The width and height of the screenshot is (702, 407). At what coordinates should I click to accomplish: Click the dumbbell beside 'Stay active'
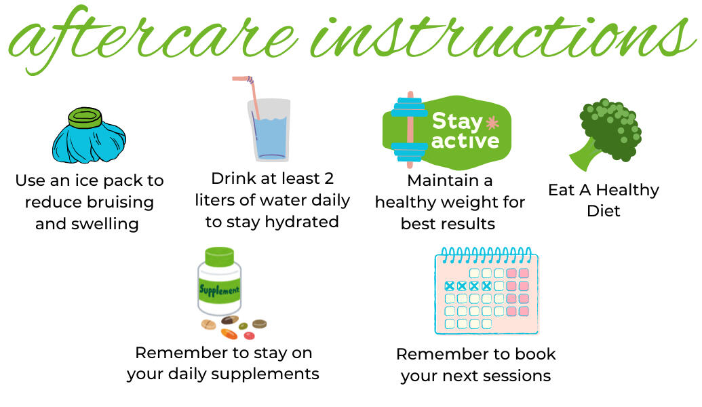[410, 129]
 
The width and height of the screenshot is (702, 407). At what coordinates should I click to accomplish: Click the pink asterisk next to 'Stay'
[492, 123]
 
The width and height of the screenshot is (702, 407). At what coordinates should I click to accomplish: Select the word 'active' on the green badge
[465, 141]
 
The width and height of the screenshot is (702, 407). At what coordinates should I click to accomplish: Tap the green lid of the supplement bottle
[219, 257]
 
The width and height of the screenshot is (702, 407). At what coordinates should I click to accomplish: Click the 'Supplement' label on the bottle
[219, 290]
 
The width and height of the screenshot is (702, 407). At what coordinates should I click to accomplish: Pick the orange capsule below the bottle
[229, 334]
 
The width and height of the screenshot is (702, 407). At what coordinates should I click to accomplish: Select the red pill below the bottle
[250, 335]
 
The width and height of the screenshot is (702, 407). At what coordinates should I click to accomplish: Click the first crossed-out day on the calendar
[450, 286]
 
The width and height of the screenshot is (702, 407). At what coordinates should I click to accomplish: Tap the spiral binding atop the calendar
[486, 255]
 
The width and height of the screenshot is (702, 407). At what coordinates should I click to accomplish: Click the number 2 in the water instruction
[329, 178]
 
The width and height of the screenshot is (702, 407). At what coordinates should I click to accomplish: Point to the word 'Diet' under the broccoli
[604, 210]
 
